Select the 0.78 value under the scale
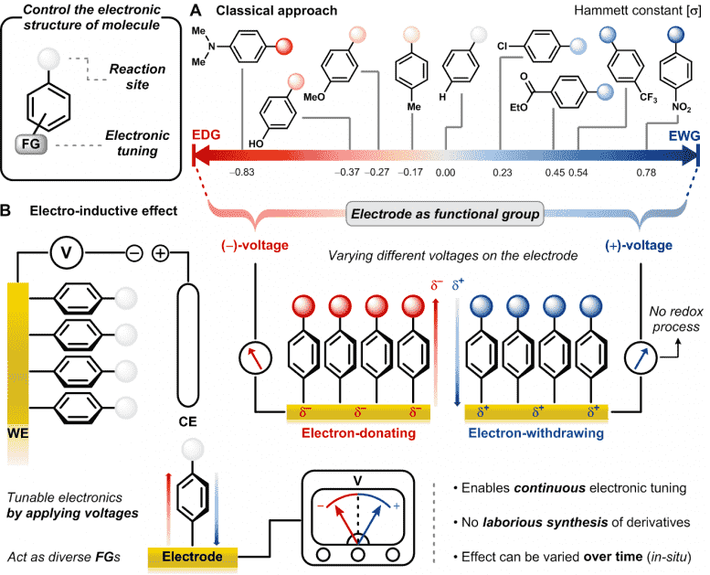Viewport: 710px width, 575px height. [646, 173]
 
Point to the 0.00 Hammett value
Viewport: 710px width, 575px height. [445, 173]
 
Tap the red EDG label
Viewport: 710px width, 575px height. [206, 135]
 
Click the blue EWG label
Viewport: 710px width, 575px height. [684, 135]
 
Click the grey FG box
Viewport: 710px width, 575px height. [31, 144]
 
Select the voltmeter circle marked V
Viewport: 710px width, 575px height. [67, 253]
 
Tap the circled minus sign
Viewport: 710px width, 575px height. [134, 253]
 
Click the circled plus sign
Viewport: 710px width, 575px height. [160, 253]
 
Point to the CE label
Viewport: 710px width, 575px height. [187, 421]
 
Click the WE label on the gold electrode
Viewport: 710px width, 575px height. [18, 433]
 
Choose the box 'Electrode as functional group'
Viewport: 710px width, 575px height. [445, 214]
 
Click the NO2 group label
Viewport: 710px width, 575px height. [681, 107]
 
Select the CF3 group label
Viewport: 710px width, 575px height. [648, 98]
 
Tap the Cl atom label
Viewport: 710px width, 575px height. [503, 46]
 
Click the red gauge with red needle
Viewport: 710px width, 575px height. [255, 358]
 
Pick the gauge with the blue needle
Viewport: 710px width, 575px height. [641, 358]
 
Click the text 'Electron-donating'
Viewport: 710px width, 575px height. [358, 433]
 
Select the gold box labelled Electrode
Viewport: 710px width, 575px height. [193, 557]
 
